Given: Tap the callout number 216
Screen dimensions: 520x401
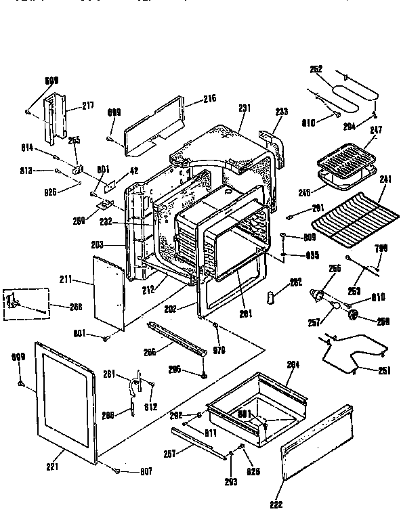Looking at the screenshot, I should (x=209, y=99).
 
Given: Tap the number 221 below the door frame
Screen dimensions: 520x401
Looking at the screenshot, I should (x=52, y=467).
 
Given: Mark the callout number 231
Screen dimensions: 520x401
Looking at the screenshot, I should (x=245, y=108).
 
